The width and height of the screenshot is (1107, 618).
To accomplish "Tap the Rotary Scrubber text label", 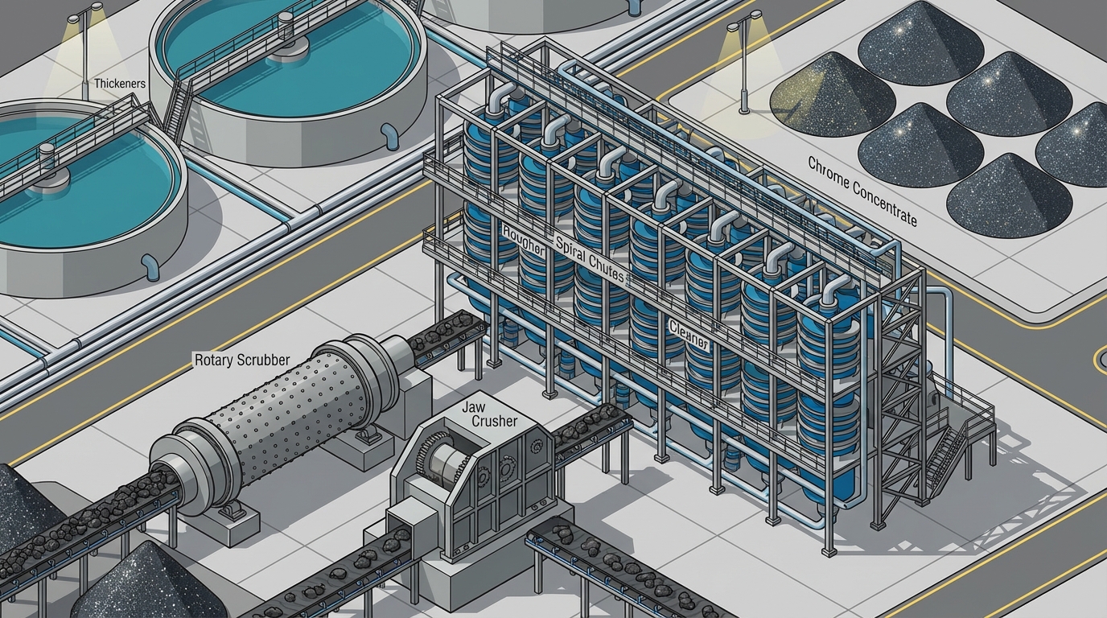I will pos(242,360).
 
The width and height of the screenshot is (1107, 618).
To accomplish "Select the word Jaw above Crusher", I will pos(473,408).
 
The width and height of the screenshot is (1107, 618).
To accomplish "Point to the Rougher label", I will pos(524,241).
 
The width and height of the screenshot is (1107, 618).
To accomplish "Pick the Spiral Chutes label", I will pos(590,258).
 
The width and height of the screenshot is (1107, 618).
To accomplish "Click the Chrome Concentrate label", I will pos(862,191).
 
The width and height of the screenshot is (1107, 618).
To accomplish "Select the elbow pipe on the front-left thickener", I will pos(150,266).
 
